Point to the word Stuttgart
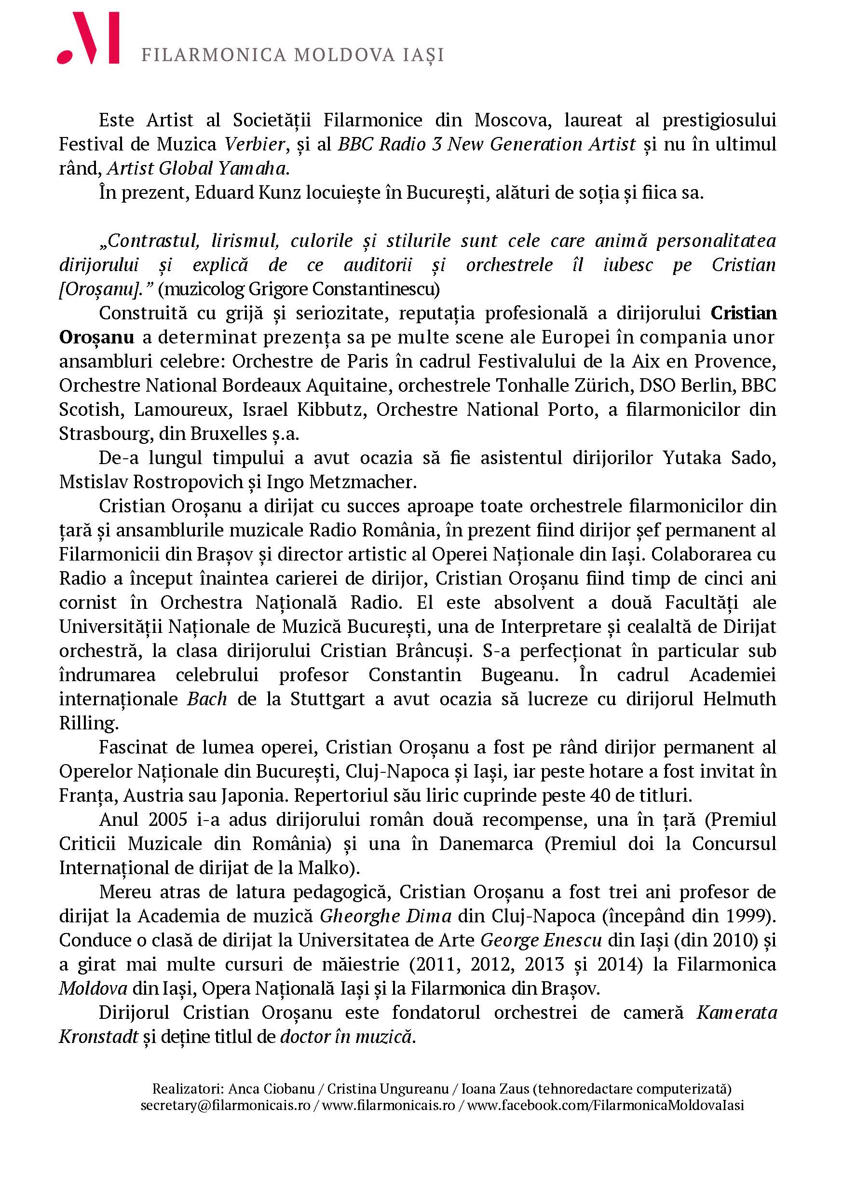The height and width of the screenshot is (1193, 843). coord(327,699)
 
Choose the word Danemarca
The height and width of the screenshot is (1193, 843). coord(486,843)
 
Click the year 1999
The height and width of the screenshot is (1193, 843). coord(750,916)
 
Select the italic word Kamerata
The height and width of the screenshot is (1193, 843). coord(736,1012)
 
